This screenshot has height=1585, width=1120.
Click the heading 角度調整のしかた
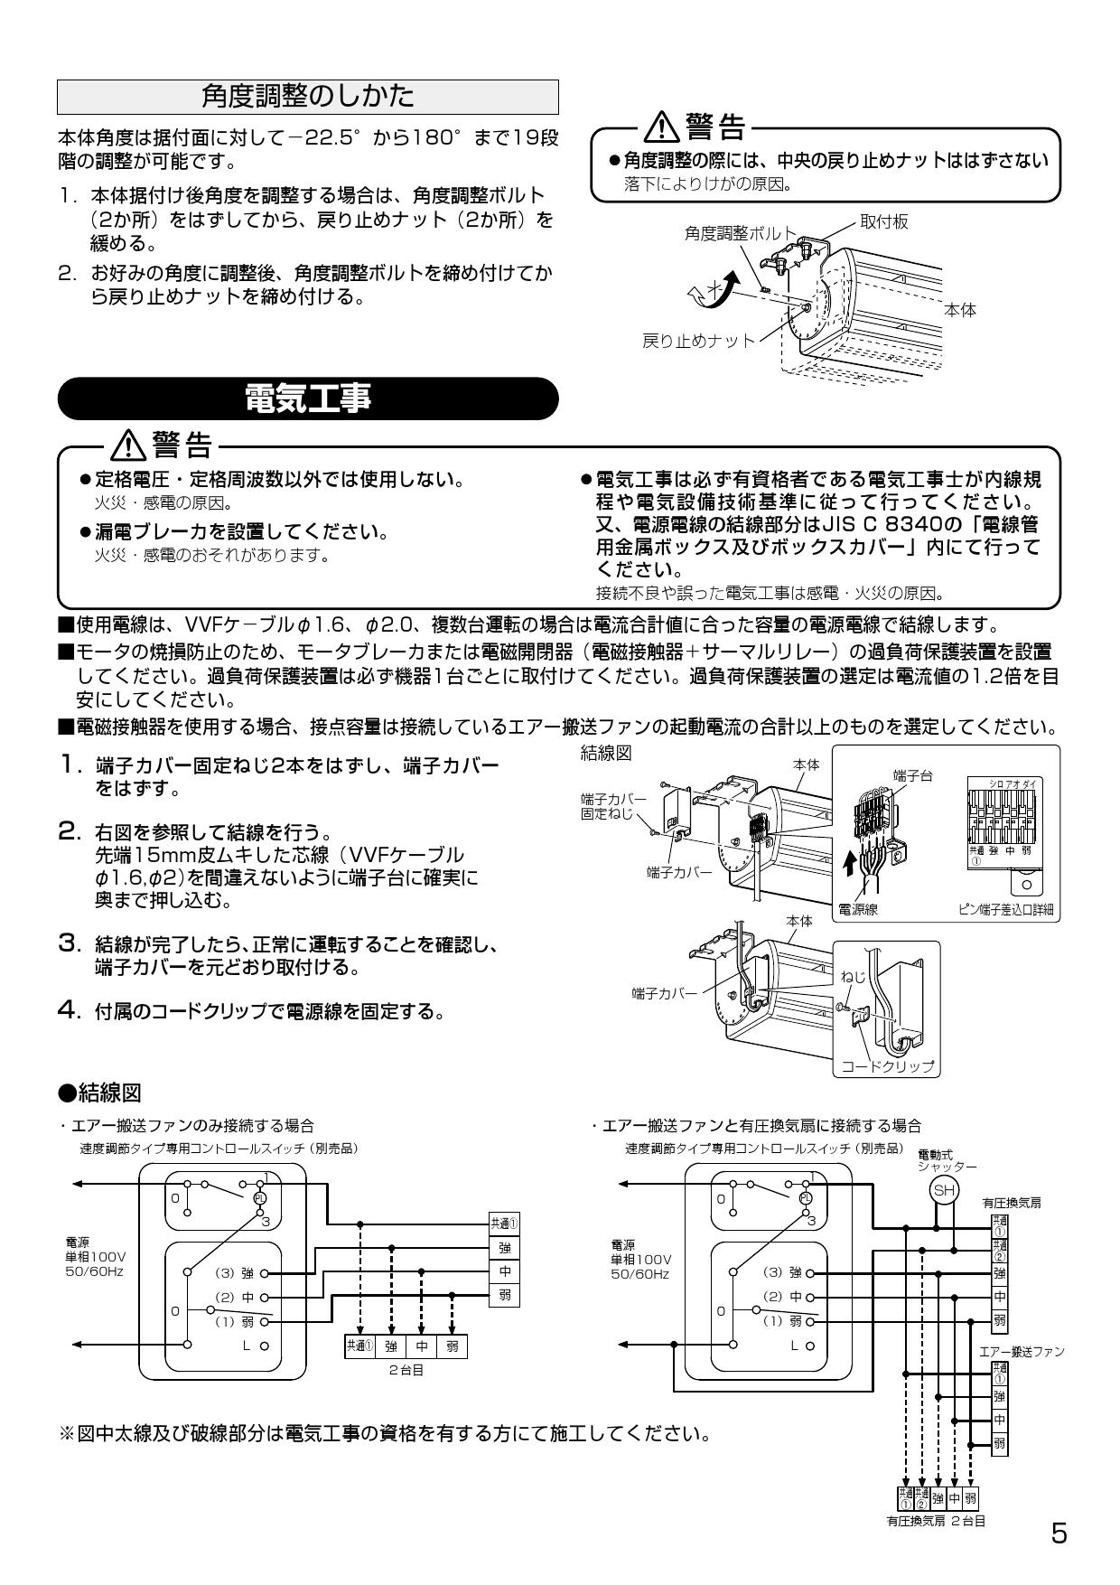point(307,97)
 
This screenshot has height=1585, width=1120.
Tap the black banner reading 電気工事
point(307,399)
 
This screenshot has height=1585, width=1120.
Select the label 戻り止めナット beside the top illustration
point(697,341)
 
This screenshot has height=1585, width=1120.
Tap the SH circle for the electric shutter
point(944,1191)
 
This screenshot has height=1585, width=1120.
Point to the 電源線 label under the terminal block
point(859,910)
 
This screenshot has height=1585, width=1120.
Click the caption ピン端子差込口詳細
point(1005,910)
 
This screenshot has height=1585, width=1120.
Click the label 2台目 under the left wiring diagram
point(406,1370)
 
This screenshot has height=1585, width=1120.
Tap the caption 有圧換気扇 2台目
point(935,1521)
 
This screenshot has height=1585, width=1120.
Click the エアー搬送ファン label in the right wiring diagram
point(1022,1352)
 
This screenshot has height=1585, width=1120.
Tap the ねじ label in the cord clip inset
point(852,977)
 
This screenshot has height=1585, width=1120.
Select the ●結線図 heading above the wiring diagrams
point(99,1093)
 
